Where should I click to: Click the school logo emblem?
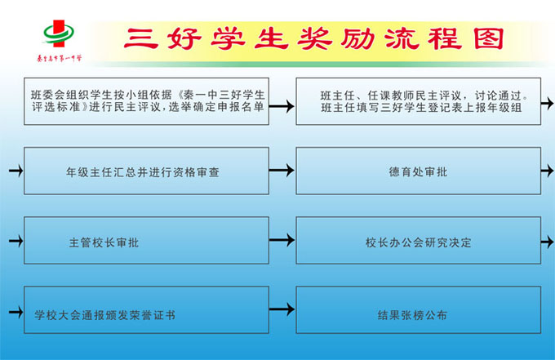(x=59, y=33)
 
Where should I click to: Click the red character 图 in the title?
(x=488, y=38)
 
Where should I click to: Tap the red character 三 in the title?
(x=140, y=38)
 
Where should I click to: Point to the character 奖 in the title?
(x=314, y=38)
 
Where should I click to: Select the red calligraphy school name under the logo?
(x=59, y=58)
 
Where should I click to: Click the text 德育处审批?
(x=418, y=172)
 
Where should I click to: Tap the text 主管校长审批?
(x=104, y=242)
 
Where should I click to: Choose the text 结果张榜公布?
(x=412, y=315)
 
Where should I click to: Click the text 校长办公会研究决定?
(x=419, y=242)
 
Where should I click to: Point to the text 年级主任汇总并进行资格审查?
(x=143, y=172)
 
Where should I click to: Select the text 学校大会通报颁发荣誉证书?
(x=104, y=315)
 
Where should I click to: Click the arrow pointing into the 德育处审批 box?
(x=282, y=171)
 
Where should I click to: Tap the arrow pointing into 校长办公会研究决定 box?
(x=282, y=240)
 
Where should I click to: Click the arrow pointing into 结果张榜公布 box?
(x=282, y=309)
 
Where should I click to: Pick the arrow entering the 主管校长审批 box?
(x=16, y=241)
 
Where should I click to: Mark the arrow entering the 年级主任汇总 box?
(x=16, y=171)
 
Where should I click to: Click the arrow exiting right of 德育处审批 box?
(x=547, y=171)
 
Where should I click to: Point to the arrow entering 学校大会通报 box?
(x=16, y=312)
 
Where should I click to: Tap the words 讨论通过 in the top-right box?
(x=498, y=96)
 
